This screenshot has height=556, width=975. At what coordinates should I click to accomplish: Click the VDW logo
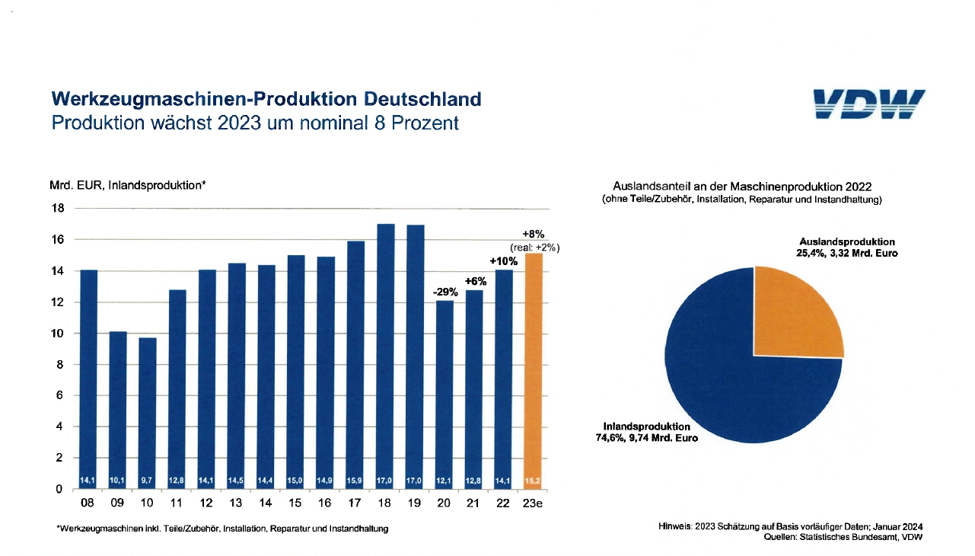(868, 104)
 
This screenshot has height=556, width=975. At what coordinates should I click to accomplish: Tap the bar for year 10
(148, 411)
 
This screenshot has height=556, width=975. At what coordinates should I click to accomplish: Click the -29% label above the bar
(446, 292)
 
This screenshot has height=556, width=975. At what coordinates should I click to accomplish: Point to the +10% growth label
(504, 261)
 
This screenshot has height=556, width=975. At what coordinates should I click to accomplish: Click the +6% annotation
(476, 281)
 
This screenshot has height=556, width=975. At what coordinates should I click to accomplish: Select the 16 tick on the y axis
(57, 240)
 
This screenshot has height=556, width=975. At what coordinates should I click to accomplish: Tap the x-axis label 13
(237, 503)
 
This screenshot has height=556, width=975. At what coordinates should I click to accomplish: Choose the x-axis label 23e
(534, 503)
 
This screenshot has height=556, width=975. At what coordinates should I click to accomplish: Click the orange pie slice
(795, 314)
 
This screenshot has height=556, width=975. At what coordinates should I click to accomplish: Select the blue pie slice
(731, 381)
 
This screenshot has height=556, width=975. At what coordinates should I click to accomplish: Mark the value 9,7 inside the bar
(148, 480)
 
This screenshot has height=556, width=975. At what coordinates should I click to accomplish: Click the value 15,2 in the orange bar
(534, 480)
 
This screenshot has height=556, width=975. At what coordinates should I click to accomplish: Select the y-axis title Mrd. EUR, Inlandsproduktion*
(129, 185)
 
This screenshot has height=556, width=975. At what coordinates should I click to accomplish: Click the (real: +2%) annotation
(534, 248)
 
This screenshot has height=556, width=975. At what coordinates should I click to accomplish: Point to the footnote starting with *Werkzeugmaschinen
(222, 529)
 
